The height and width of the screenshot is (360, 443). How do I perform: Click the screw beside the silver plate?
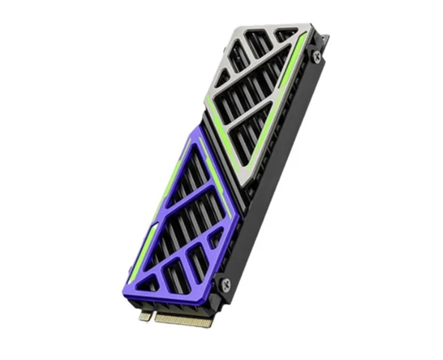317,56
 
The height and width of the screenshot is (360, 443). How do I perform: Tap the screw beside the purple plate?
222,284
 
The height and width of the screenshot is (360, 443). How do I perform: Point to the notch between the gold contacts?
153,316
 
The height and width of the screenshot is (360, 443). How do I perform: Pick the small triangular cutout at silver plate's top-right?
285,34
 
